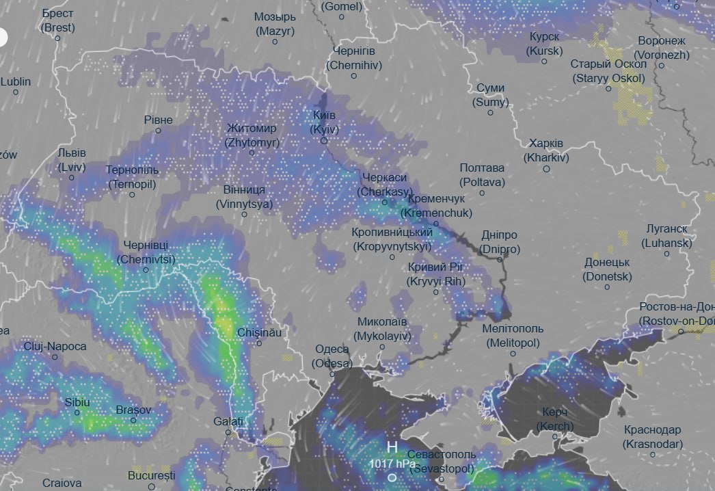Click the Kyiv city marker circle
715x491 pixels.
coord(324,141)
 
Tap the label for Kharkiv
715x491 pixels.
coord(545,150)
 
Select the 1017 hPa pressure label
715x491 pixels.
coord(392,464)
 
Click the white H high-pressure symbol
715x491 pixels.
coord(392,447)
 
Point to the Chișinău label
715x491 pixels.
coord(258,332)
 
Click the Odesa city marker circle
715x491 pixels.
coord(332,374)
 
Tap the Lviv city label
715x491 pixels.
coord(72,159)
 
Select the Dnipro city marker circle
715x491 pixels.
coord(500,260)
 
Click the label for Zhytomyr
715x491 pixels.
coord(252,135)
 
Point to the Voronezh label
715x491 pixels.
coord(662,48)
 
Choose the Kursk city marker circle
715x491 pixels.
coord(544,62)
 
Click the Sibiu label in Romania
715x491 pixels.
coord(77,402)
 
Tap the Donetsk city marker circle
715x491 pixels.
coord(607,287)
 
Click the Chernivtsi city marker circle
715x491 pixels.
coord(146,270)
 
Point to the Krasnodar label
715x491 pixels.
coord(652,437)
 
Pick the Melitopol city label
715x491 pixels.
coord(512,336)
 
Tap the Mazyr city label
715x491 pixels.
coord(275,24)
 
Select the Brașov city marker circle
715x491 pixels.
coord(133,420)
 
